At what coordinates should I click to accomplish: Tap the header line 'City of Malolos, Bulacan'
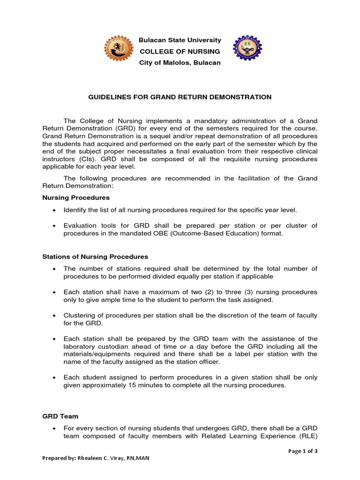180,63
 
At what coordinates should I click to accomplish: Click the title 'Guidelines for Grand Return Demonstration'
180,97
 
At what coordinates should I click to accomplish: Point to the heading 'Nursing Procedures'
76,197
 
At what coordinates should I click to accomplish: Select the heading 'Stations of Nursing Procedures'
95,256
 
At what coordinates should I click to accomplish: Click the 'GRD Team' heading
60,416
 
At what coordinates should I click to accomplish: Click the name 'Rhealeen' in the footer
99,458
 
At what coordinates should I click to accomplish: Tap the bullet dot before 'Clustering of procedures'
55,316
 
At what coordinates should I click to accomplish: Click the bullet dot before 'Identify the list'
55,210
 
